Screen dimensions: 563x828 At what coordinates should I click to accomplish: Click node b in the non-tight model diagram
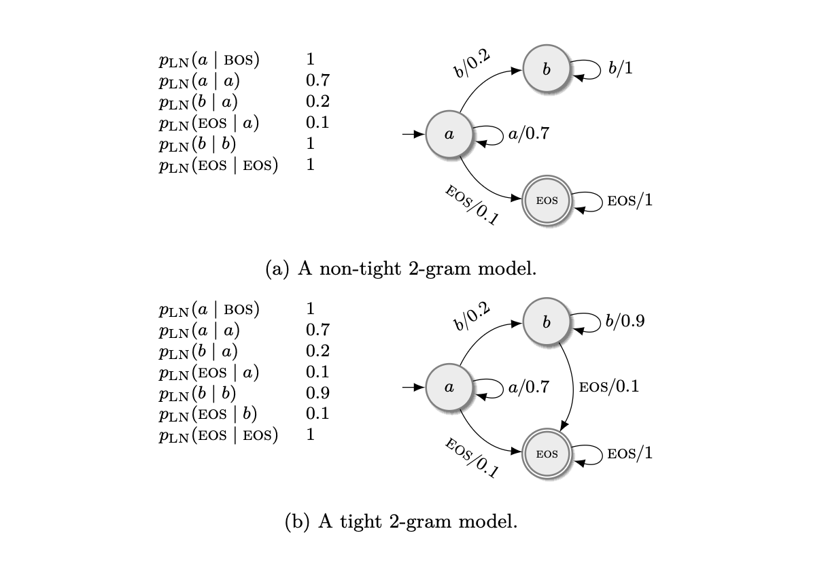(x=546, y=70)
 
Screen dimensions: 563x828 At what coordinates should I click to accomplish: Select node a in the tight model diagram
(x=449, y=387)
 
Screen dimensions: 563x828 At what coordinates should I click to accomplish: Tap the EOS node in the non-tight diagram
(x=547, y=201)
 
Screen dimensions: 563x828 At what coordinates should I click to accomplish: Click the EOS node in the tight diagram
(x=547, y=454)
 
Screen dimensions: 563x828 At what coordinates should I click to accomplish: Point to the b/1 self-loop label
(x=621, y=68)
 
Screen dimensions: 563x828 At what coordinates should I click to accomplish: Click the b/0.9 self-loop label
(x=625, y=321)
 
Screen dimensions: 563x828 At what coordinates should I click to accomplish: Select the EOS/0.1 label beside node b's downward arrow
(x=608, y=387)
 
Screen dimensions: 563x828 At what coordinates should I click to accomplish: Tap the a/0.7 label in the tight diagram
(x=528, y=387)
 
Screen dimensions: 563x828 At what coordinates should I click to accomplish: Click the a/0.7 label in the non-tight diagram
(x=528, y=134)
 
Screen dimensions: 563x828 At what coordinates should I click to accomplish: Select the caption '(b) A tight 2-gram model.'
(x=400, y=522)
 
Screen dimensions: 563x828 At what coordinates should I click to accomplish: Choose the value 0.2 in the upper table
(x=317, y=102)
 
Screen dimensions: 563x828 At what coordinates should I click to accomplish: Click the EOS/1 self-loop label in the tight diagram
(x=630, y=454)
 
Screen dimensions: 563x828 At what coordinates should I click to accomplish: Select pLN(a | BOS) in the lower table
(x=209, y=309)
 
